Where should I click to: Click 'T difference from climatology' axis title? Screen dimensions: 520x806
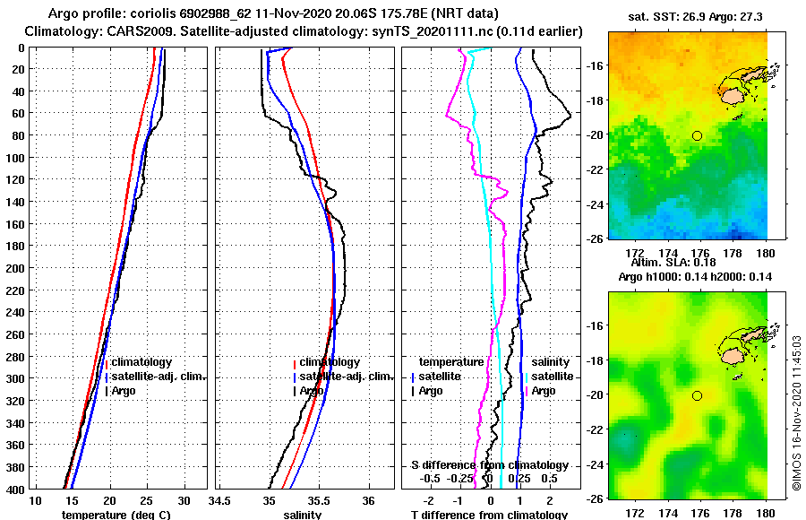point(489,515)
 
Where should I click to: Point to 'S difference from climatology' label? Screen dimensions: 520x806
point(489,465)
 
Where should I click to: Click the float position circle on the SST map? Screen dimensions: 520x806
point(697,135)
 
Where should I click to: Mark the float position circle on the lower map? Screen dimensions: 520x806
point(697,395)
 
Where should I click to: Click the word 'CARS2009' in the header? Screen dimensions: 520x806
point(129,31)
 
